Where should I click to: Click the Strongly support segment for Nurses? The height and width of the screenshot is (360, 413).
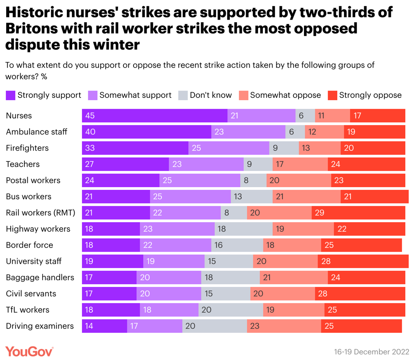(154, 116)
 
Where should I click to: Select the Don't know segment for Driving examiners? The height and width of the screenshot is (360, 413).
(214, 326)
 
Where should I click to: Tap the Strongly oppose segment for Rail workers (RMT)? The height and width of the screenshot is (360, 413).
(358, 213)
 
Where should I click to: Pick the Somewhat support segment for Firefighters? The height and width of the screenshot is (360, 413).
(229, 148)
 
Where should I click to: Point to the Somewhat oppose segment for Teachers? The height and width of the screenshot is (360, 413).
(300, 164)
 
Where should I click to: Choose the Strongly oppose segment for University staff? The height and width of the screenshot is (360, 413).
(363, 261)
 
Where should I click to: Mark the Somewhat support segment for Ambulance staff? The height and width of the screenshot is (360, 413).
(248, 132)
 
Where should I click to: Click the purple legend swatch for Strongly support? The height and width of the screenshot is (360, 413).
(10, 96)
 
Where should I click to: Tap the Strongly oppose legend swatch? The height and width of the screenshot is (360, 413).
(332, 96)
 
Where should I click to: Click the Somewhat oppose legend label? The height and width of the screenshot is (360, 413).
(285, 96)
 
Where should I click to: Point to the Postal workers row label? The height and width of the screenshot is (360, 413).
(33, 181)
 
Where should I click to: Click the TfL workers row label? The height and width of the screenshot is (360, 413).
(28, 310)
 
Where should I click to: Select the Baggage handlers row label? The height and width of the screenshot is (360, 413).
(40, 278)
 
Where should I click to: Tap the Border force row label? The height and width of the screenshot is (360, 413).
(29, 245)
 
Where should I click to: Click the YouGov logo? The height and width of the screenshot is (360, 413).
(29, 351)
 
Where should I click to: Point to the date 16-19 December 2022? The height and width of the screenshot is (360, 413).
(371, 352)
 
